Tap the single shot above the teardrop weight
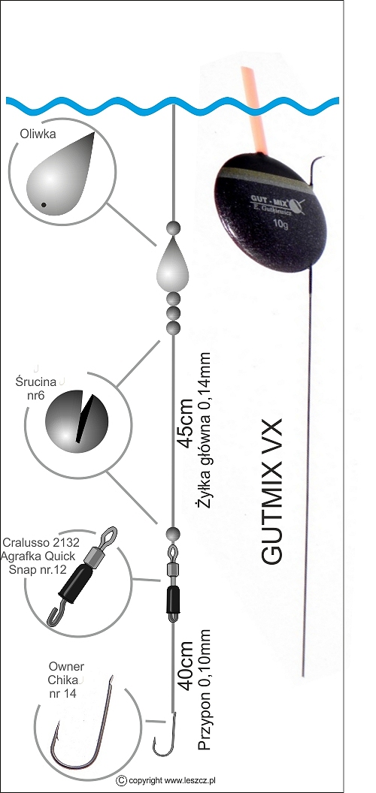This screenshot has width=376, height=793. tap(173, 228)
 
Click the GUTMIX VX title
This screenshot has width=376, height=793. tap(271, 490)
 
